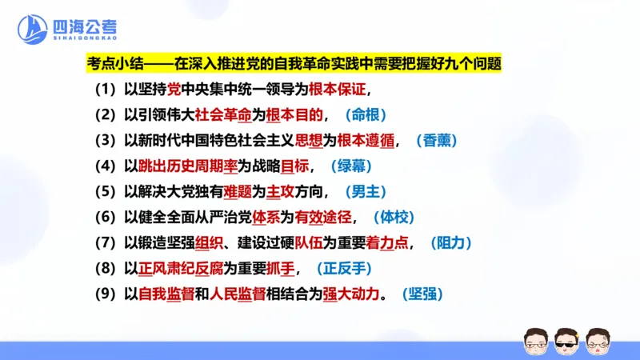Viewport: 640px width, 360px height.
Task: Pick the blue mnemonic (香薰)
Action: [x=437, y=140]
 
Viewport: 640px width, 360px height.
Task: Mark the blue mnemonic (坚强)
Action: [x=422, y=294]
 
